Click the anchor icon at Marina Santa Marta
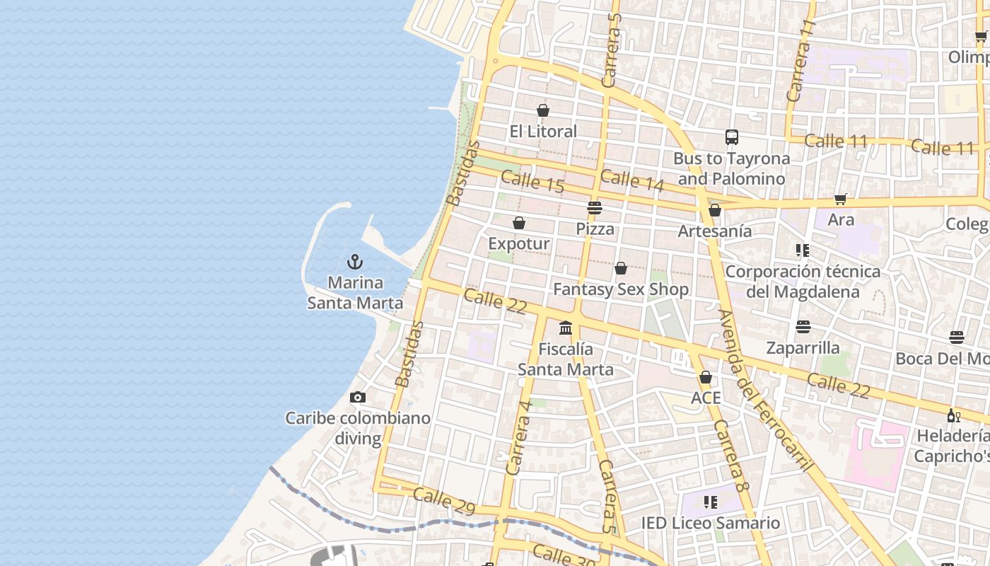[x=355, y=262]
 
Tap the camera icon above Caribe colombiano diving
[x=358, y=398]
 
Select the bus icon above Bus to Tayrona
[x=732, y=137]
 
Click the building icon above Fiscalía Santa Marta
[x=566, y=328]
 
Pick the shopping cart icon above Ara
[x=841, y=200]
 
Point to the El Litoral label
[x=543, y=131]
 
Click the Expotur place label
[x=518, y=243]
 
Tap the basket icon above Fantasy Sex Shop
[x=621, y=268]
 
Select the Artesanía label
[x=715, y=231]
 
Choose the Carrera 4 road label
[x=519, y=437]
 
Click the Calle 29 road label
[x=444, y=501]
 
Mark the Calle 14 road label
[x=632, y=180]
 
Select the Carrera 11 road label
[x=800, y=60]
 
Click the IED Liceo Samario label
[x=711, y=523]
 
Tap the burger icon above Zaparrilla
[x=803, y=327]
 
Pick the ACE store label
[x=706, y=398]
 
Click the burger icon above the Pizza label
[x=595, y=208]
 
